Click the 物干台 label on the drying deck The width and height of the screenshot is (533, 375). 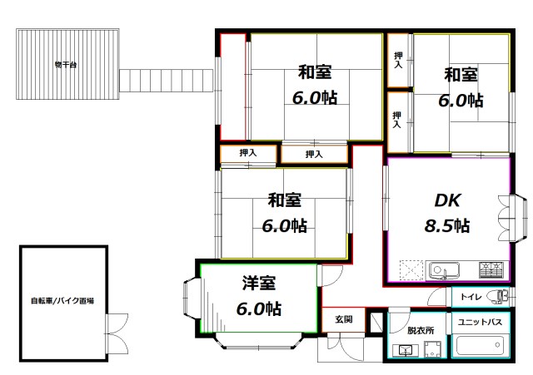65,64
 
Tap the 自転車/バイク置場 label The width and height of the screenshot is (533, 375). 62,301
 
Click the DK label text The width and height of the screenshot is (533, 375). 448,200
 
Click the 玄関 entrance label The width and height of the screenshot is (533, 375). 345,318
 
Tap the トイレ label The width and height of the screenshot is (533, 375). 466,296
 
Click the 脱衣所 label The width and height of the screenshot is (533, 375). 420,330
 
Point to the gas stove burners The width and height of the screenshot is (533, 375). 491,269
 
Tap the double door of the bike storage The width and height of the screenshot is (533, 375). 117,324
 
